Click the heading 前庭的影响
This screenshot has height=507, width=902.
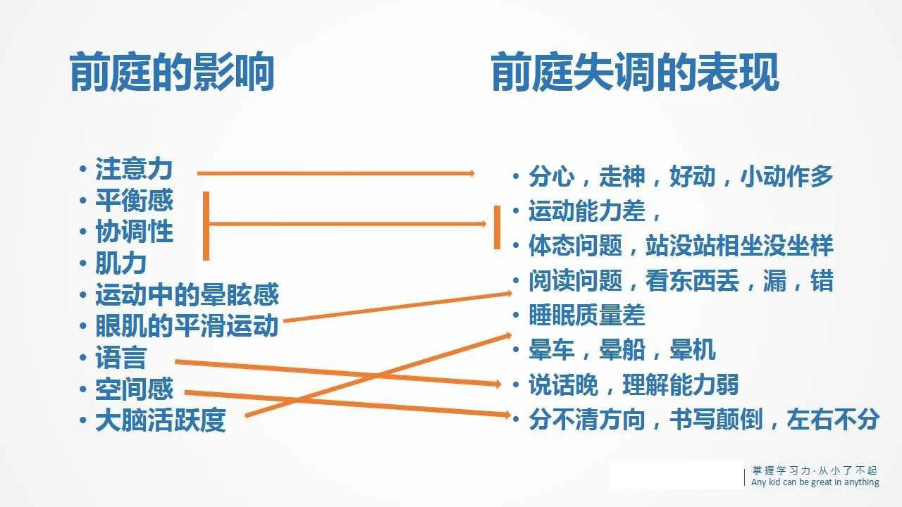[x=172, y=72]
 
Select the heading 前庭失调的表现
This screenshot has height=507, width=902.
[x=635, y=72]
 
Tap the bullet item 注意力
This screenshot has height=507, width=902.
[x=134, y=169]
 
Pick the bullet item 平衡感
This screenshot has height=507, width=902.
[x=134, y=201]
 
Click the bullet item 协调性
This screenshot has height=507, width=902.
[x=134, y=232]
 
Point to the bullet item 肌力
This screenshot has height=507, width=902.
[x=121, y=263]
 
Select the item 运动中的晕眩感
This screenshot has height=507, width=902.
[x=187, y=294]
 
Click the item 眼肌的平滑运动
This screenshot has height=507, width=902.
[x=187, y=326]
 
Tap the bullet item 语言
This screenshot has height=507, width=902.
[x=121, y=357]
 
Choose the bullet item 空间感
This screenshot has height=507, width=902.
[x=134, y=389]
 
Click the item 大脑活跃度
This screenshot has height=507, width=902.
[x=161, y=420]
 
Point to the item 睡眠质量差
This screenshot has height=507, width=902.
[x=587, y=315]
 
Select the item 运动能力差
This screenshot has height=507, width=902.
[x=587, y=211]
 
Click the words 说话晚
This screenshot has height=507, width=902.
[x=563, y=384]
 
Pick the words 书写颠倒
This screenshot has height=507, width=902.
[x=716, y=420]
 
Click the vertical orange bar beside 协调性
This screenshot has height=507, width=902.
[x=206, y=226]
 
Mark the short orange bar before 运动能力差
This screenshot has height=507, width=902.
[x=498, y=227]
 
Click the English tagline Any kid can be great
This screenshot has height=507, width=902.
[x=815, y=482]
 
